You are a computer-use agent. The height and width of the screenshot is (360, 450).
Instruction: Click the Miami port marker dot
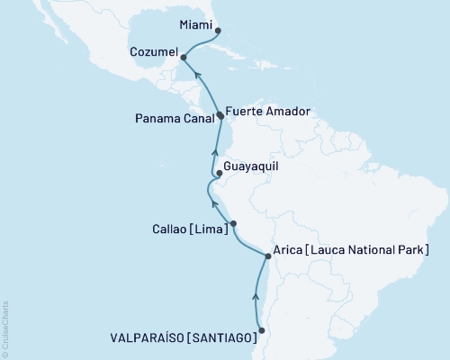pyautogui.click(x=219, y=30)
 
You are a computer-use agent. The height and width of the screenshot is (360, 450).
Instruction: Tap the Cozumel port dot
pyautogui.click(x=183, y=57)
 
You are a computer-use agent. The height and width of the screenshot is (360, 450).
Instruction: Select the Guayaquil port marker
pyautogui.click(x=219, y=173)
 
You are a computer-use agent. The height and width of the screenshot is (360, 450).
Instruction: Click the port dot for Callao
pyautogui.click(x=233, y=223)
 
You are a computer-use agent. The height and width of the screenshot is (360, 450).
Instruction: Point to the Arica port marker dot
pyautogui.click(x=267, y=256)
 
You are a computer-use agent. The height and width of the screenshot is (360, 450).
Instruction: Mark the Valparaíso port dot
pyautogui.click(x=261, y=330)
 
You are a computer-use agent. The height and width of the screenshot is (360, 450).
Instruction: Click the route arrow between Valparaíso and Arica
pyautogui.click(x=256, y=295)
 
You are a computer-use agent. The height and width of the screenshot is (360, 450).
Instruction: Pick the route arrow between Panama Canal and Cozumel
pyautogui.click(x=200, y=76)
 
